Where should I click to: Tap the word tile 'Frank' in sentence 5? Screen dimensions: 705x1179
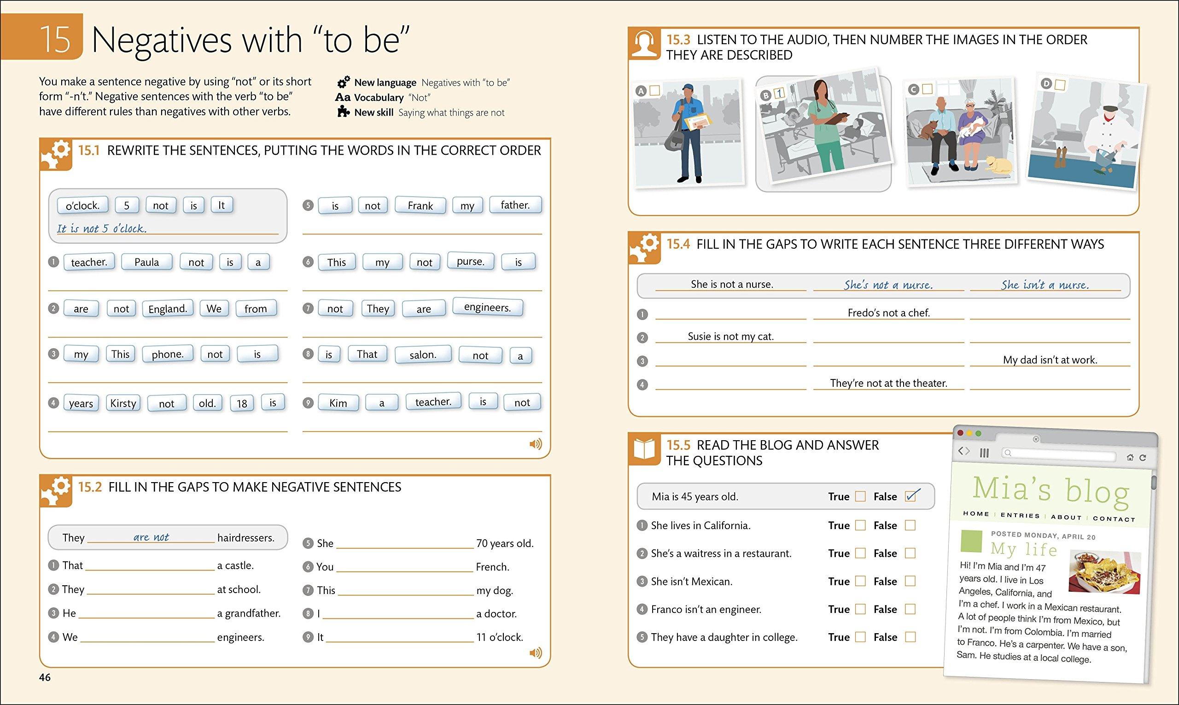click(420, 206)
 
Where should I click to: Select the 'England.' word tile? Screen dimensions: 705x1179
click(167, 309)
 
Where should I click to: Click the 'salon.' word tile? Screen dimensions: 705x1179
click(422, 355)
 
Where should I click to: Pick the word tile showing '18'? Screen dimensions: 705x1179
click(242, 403)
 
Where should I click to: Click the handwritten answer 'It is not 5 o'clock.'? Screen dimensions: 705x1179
click(102, 228)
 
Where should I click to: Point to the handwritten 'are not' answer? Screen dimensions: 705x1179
click(151, 537)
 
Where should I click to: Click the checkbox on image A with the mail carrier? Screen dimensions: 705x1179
click(654, 90)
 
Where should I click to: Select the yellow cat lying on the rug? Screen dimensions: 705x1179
click(998, 164)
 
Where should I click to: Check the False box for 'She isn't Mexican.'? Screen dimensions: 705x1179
click(910, 581)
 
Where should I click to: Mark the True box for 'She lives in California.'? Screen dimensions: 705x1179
click(860, 525)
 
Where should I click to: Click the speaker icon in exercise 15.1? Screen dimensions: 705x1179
click(535, 444)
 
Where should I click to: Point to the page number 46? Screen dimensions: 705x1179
click(45, 677)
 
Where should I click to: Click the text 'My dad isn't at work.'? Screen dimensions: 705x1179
click(1050, 360)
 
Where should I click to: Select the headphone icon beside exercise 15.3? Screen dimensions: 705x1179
click(644, 44)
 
